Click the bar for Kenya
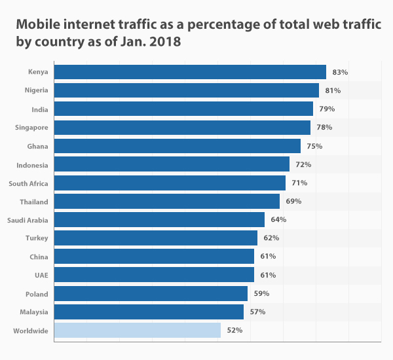(190, 72)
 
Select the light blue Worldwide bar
(138, 331)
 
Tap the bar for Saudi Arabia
(159, 219)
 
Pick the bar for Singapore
(182, 127)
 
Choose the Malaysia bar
(149, 312)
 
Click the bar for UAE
(154, 275)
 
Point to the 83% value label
(339, 72)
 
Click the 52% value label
(234, 331)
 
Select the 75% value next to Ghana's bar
(314, 146)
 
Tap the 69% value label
(293, 201)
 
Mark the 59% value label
(261, 293)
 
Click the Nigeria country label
(35, 90)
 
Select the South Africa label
(28, 183)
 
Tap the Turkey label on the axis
(37, 238)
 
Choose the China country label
(39, 257)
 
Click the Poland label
(37, 293)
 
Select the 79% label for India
(327, 109)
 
